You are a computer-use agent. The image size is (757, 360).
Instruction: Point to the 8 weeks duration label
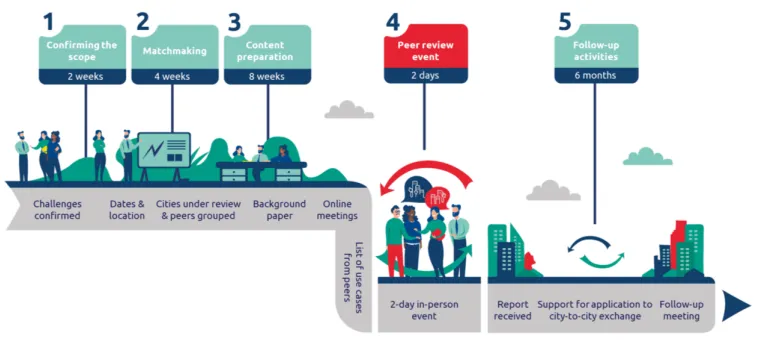click(x=267, y=75)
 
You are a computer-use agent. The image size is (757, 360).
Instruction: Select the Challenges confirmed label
click(x=57, y=209)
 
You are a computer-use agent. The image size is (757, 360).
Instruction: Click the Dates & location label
click(x=127, y=209)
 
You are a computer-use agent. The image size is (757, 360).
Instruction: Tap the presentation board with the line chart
click(x=163, y=152)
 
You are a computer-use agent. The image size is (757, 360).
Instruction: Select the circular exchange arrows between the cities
click(x=595, y=251)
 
